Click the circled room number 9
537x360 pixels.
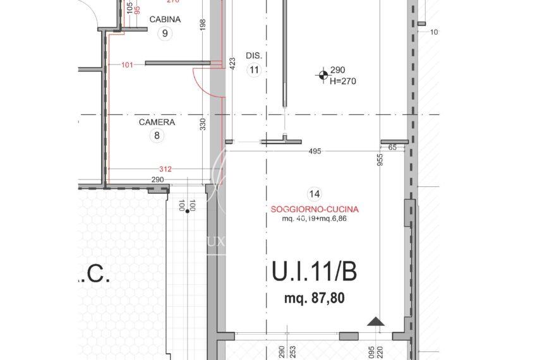165,34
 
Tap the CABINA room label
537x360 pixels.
165,20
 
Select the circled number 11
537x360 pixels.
254,70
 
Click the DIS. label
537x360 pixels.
254,56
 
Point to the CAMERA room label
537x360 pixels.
157,122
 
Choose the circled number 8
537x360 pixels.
157,135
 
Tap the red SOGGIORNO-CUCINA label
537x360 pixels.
315,209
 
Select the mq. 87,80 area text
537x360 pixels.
314,299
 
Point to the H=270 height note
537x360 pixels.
344,81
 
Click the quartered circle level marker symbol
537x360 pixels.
323,76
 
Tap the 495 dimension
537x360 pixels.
315,151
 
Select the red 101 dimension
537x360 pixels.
127,64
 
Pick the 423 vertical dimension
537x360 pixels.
232,63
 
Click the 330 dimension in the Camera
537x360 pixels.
203,124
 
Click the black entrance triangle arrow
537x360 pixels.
376,322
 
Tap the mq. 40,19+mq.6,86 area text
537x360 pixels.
315,219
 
